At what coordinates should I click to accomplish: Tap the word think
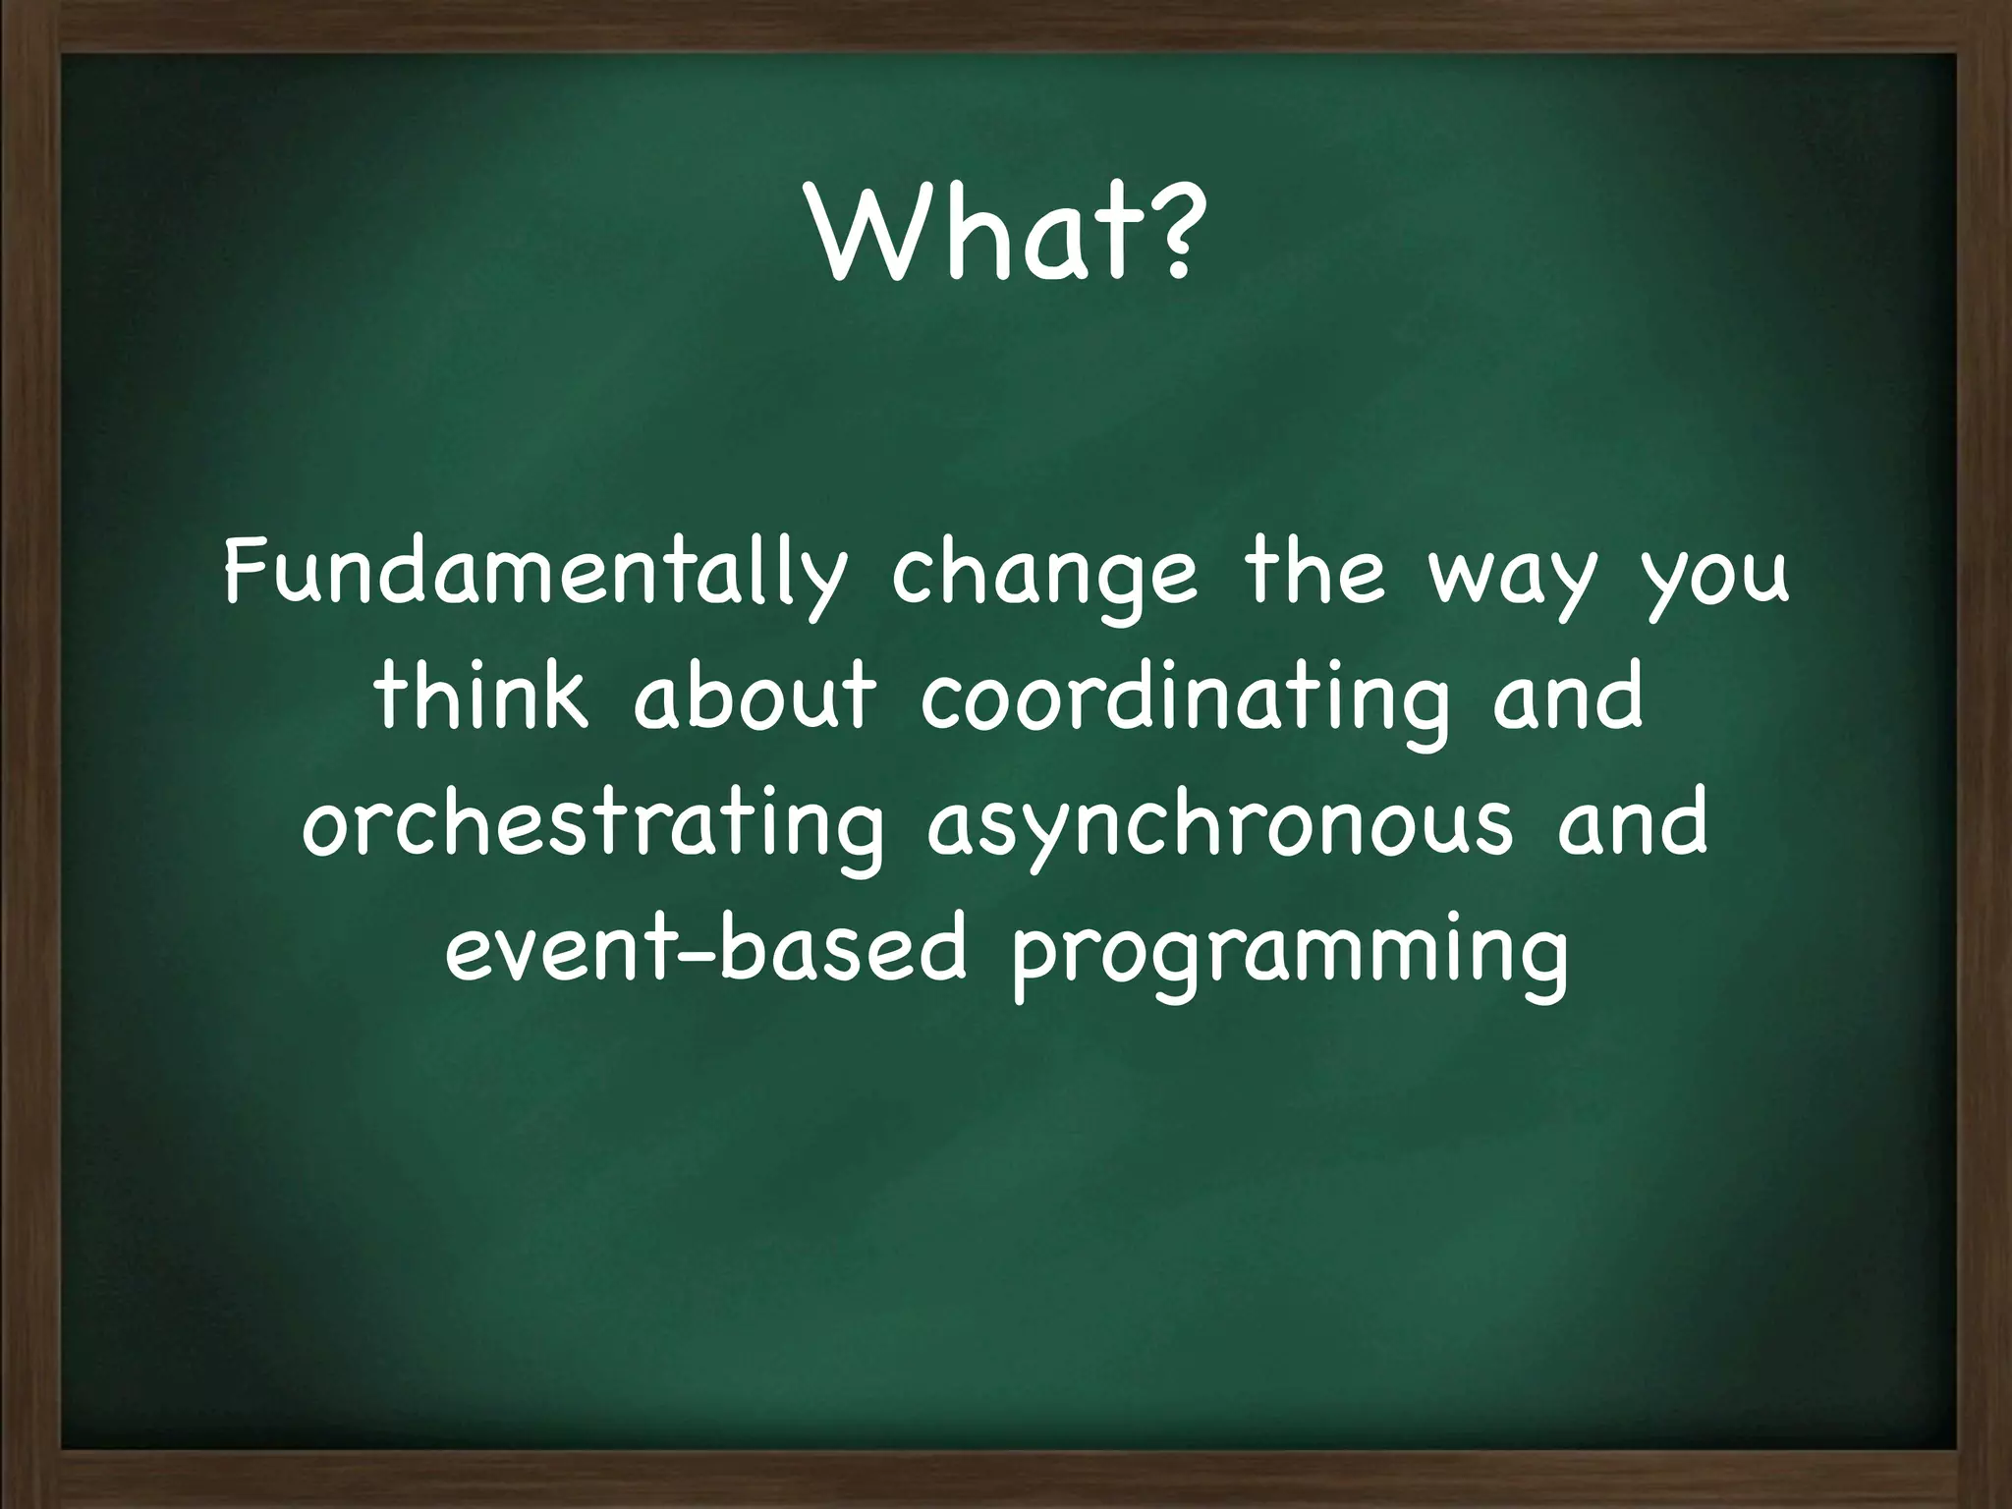481,698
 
